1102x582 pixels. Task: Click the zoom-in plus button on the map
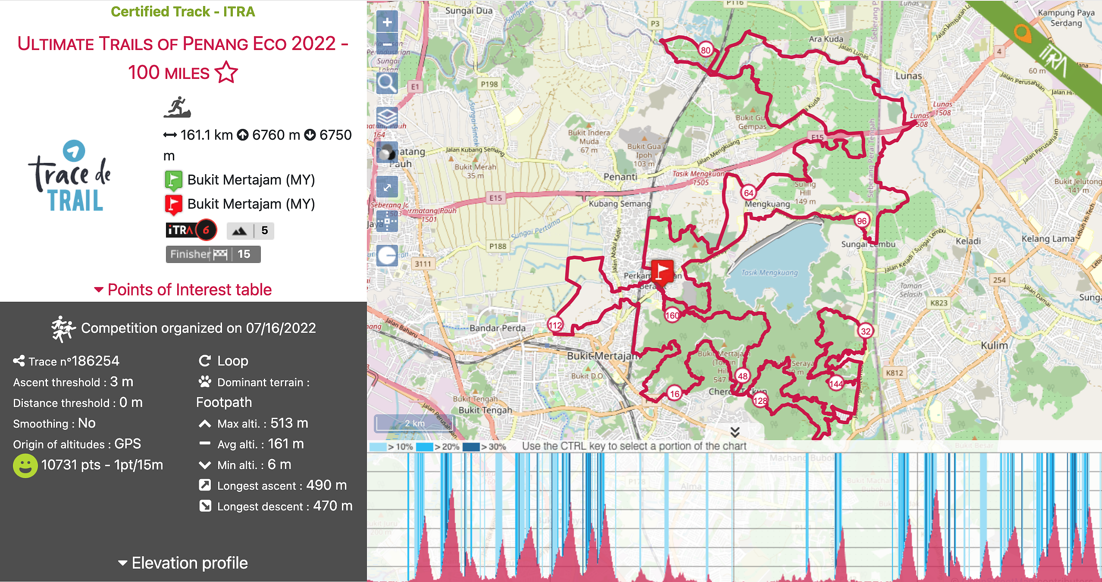[387, 22]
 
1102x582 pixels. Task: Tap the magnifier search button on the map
[387, 83]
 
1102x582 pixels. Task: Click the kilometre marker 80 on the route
[705, 50]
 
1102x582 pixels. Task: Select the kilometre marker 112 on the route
[555, 325]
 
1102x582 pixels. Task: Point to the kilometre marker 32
[865, 331]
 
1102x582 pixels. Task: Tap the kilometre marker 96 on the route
[861, 221]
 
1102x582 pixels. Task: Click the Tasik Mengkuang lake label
[770, 272]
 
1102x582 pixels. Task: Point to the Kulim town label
[994, 345]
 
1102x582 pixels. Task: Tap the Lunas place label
[908, 76]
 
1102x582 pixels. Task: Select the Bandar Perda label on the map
[498, 328]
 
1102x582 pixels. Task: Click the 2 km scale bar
[414, 423]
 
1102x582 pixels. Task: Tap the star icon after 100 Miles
[226, 72]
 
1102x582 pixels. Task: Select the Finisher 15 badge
[213, 254]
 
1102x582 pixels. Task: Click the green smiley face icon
[25, 466]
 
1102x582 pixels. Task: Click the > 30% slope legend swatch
[471, 447]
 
